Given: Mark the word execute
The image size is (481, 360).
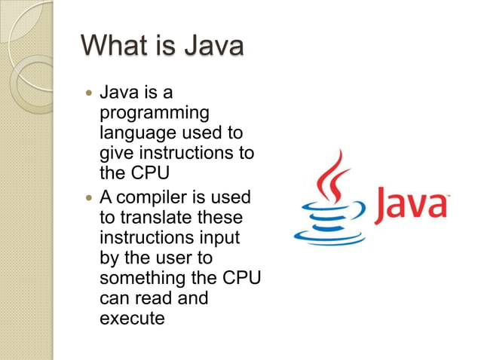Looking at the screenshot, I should coord(131,318).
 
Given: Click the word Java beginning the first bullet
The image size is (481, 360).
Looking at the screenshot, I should coord(118,93).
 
